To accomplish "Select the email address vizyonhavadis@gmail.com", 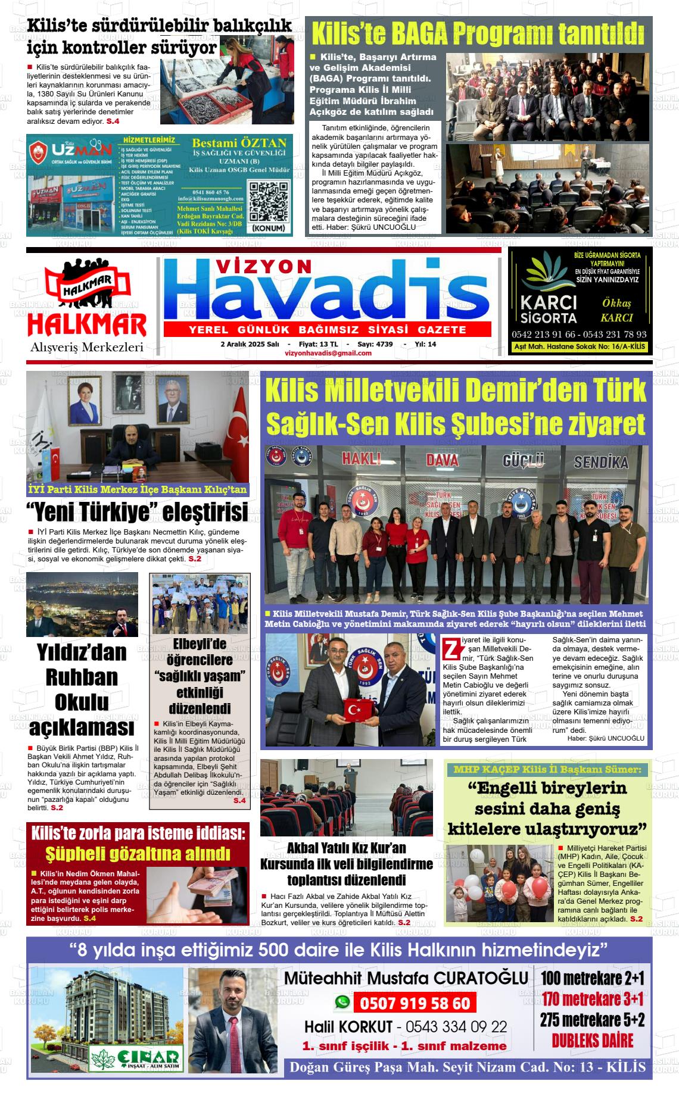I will (328, 353).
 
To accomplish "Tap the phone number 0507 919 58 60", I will (415, 1003).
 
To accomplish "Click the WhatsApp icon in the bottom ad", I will (342, 1003).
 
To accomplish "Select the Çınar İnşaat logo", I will (135, 1056).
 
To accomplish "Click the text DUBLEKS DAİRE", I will (592, 1041).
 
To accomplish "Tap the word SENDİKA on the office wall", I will (601, 462).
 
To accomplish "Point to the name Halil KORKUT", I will (348, 1027).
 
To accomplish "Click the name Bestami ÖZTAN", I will (239, 143).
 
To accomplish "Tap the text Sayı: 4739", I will (375, 344).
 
